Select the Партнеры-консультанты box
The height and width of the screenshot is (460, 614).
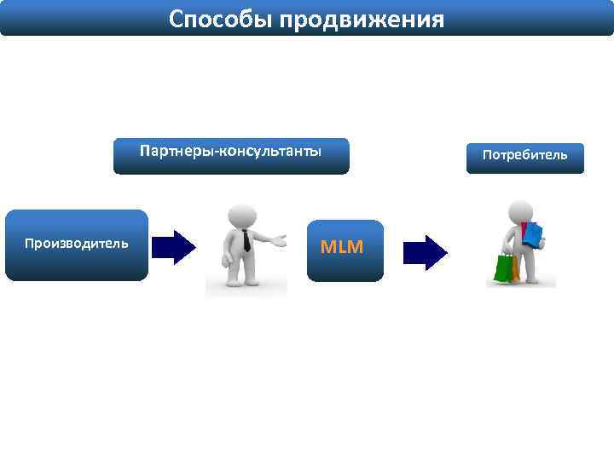click(231, 156)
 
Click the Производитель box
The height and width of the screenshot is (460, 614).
click(77, 244)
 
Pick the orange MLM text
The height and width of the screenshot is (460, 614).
click(341, 248)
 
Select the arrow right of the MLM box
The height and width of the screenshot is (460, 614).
click(424, 252)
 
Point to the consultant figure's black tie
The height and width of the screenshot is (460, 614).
click(246, 240)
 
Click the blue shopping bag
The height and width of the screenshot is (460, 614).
click(533, 234)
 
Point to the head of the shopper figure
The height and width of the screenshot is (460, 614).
click(520, 210)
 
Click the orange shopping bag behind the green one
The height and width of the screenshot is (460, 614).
click(514, 268)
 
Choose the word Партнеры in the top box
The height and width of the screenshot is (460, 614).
click(178, 152)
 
